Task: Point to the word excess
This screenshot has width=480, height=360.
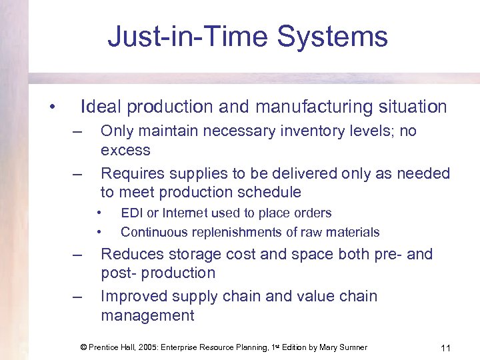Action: [125, 150]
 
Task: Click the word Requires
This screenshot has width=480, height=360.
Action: [132, 173]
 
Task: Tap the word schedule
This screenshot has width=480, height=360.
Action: [267, 193]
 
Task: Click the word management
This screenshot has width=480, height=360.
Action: [147, 315]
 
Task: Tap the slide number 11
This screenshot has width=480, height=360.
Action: [446, 347]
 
